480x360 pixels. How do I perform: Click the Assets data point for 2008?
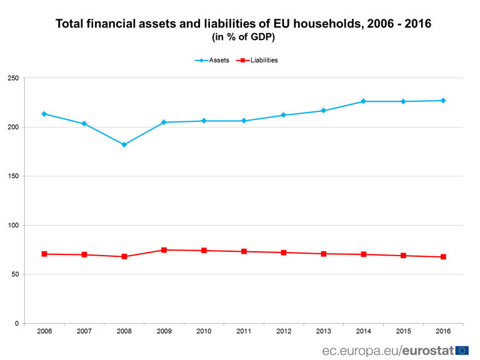[124, 144]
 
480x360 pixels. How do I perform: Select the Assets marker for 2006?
[44, 114]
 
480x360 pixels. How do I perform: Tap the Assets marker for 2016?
[443, 101]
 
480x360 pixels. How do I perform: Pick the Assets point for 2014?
[363, 101]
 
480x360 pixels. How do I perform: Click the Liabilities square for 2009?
[164, 250]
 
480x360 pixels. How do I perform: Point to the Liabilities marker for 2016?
[443, 257]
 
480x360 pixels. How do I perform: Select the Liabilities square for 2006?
[44, 254]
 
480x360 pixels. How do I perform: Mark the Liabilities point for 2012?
[284, 252]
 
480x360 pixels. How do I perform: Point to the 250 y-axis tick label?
[13, 78]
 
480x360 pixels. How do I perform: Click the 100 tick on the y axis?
[13, 225]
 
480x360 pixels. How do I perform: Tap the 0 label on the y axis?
[17, 323]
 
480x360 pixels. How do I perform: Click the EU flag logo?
[462, 350]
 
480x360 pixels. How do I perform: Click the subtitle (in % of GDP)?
[244, 37]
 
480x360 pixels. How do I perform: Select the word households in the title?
[308, 24]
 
